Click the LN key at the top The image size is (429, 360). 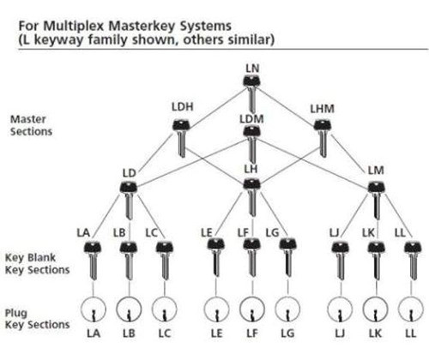(251, 93)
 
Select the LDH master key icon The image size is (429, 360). (181, 138)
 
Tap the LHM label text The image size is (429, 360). (323, 109)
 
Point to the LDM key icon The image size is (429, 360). (251, 144)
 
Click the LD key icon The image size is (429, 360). (129, 201)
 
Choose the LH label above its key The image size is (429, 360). (251, 169)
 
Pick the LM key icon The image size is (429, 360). (377, 201)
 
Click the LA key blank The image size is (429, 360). (93, 261)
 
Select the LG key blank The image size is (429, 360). (287, 257)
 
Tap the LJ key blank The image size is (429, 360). (341, 261)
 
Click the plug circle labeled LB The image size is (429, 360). (129, 309)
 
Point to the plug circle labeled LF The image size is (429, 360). (252, 309)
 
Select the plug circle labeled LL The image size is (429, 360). (411, 309)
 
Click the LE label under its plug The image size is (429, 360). (216, 333)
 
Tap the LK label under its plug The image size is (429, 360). (375, 333)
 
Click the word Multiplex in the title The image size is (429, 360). (75, 27)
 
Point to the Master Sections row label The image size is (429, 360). (31, 125)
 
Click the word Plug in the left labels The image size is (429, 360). (16, 314)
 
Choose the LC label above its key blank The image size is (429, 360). (152, 233)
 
